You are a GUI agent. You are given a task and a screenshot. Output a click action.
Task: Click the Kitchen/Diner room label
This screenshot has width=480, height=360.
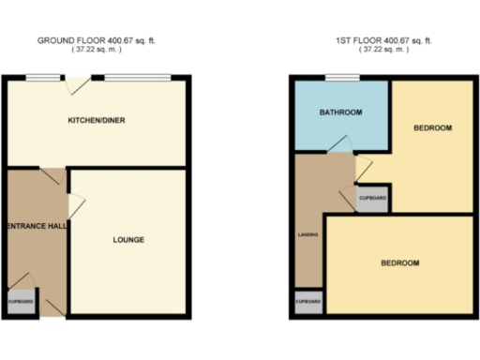coord(97,121)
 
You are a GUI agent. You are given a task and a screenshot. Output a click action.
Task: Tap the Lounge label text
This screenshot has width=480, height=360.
coord(128,240)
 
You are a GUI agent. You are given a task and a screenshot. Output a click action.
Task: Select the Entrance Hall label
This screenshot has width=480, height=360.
coord(35,226)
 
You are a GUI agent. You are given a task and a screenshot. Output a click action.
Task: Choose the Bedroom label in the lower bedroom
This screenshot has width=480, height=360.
coord(399,262)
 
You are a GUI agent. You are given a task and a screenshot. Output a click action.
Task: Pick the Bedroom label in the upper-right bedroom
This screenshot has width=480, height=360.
coord(433,127)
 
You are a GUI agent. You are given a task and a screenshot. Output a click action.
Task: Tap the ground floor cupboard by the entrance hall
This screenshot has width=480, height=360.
coord(22,302)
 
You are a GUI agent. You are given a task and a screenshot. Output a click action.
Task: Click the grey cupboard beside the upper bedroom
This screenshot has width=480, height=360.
coord(373,198)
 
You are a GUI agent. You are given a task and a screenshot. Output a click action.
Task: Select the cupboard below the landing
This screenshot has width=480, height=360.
coord(308,302)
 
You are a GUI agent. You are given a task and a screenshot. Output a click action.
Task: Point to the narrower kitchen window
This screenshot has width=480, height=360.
coord(39,78)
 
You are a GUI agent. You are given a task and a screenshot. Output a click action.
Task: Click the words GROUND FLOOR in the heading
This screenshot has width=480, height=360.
coord(69,40)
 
